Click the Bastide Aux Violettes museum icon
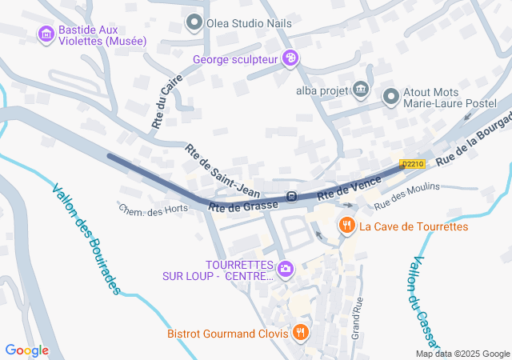pos(45,34)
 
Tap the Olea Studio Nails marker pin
pos(194,22)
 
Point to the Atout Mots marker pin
pos(390,97)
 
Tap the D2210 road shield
pos(411,164)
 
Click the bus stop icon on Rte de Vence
pos(293,197)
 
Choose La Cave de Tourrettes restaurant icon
pos(346,226)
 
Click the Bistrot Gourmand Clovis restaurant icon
pos(301,332)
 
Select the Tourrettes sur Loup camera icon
pos(286,270)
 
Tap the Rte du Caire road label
pos(167,102)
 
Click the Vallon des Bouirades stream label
pos(86,238)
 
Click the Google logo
pos(26,350)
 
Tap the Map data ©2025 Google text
pos(462,354)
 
